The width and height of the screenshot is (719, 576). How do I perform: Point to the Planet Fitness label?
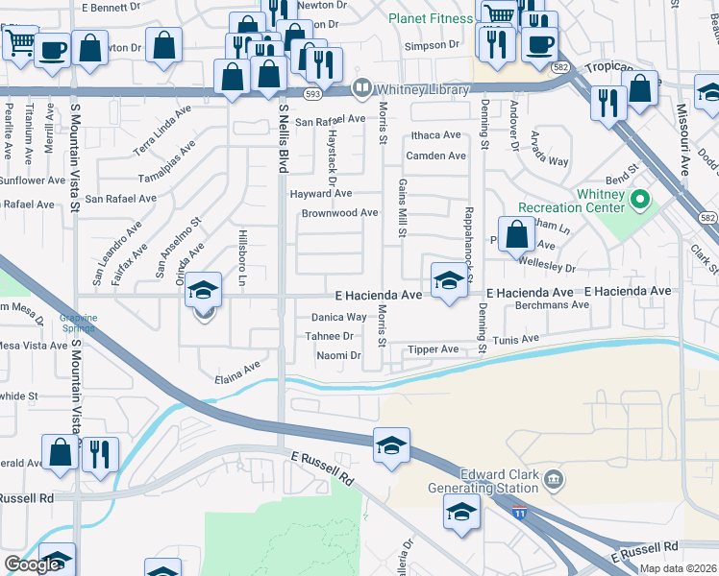pyautogui.click(x=431, y=17)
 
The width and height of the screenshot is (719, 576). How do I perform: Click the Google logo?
pyautogui.click(x=32, y=564)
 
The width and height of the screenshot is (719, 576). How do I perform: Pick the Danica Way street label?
pyautogui.click(x=338, y=317)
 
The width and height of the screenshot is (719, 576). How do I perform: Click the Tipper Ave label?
pyautogui.click(x=434, y=349)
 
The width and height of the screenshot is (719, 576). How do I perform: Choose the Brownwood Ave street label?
pyautogui.click(x=339, y=213)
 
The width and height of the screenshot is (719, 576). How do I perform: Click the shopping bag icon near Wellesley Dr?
pyautogui.click(x=517, y=233)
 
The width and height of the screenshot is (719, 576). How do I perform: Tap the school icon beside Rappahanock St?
pyautogui.click(x=448, y=280)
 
